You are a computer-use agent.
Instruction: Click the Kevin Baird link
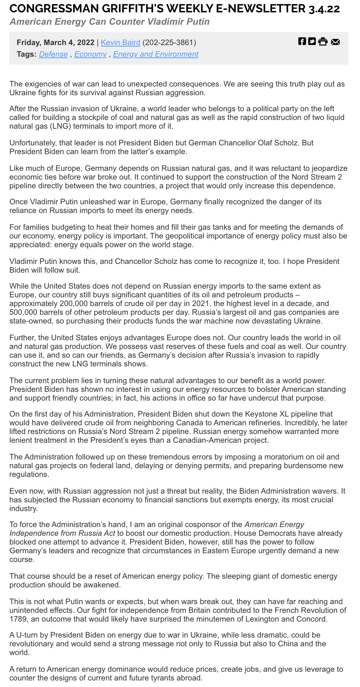pyautogui.click(x=120, y=43)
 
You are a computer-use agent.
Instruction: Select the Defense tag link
pyautogui.click(x=53, y=54)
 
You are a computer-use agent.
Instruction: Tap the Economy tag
pyautogui.click(x=91, y=54)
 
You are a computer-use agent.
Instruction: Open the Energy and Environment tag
pyautogui.click(x=156, y=54)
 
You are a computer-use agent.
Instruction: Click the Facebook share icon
pyautogui.click(x=302, y=41)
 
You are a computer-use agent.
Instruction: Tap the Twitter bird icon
pyautogui.click(x=312, y=41)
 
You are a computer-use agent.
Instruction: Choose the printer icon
pyautogui.click(x=323, y=41)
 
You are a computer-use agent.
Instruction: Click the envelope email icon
pyautogui.click(x=335, y=41)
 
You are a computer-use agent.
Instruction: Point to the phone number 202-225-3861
pyautogui.click(x=169, y=43)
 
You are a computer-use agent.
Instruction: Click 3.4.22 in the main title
pyautogui.click(x=324, y=9)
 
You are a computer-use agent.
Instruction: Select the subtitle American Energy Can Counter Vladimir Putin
pyautogui.click(x=110, y=22)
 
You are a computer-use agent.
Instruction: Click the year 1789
pyautogui.click(x=17, y=619)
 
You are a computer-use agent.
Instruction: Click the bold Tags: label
pyautogui.click(x=27, y=54)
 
